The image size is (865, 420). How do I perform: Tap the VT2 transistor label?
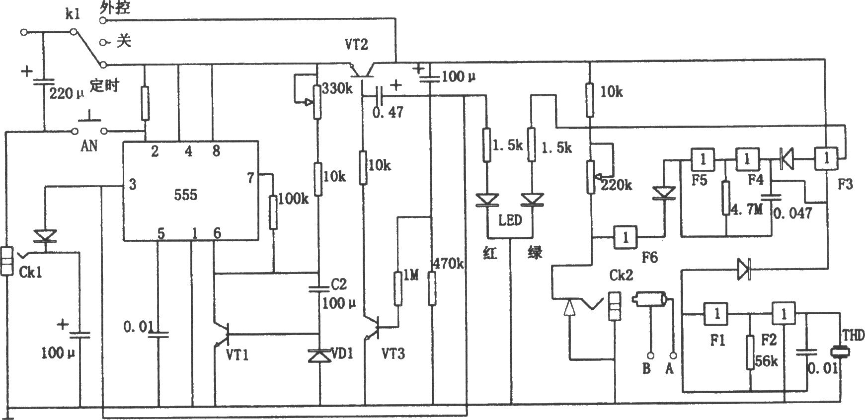(356, 45)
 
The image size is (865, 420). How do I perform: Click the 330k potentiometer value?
(337, 89)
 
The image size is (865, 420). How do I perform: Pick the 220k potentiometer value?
(617, 185)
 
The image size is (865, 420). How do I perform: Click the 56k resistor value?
(767, 361)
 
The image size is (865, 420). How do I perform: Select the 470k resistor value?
(449, 263)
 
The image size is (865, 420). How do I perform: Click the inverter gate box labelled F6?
(626, 237)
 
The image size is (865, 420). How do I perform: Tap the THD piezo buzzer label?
(853, 337)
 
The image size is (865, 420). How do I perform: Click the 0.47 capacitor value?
(388, 112)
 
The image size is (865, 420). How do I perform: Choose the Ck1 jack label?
(31, 273)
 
